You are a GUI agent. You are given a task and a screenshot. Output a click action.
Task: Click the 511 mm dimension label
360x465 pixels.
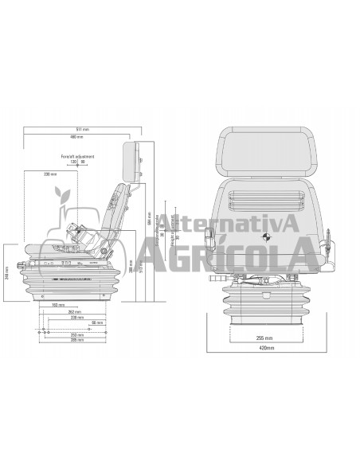click(x=82, y=129)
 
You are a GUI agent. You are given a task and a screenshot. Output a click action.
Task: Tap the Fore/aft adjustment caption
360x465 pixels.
click(x=77, y=156)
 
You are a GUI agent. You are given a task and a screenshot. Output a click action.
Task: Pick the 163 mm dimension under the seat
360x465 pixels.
click(x=57, y=304)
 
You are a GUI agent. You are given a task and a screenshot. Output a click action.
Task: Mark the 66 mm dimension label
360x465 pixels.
click(x=95, y=322)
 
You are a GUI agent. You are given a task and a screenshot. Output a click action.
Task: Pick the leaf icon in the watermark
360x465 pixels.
click(x=61, y=196)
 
